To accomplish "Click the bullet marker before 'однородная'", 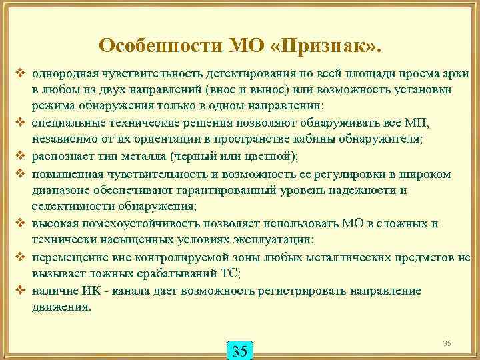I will (x=20, y=73).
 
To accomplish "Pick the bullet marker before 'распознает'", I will (x=20, y=157).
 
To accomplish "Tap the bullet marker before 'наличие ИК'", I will (x=20, y=291).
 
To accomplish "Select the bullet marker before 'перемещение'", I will (x=20, y=257).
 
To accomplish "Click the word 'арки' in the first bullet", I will (x=457, y=73).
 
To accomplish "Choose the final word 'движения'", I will (x=59, y=307).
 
